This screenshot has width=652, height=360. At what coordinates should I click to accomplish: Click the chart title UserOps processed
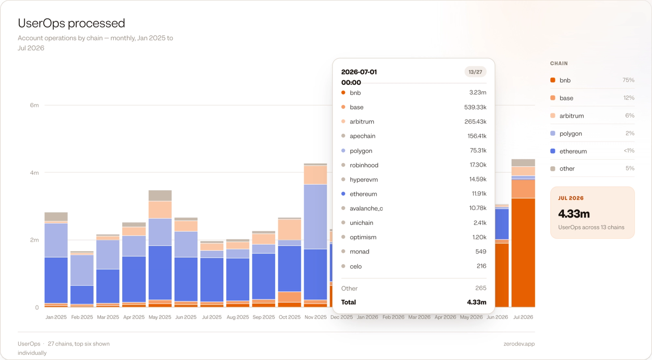point(71,23)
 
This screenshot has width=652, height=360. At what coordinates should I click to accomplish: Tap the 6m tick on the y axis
point(34,105)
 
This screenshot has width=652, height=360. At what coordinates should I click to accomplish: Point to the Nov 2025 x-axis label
point(315,317)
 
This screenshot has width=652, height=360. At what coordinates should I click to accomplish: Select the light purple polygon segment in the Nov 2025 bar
point(315,217)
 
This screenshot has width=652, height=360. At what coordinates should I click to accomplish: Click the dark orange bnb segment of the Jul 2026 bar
point(523,252)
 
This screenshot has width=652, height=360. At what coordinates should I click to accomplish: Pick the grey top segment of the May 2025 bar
point(160,195)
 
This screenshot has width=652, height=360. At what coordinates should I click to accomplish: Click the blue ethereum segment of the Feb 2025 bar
point(82,295)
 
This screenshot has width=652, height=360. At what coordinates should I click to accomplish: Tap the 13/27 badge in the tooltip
point(475,72)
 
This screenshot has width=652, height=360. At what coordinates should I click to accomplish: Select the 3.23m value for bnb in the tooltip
point(478,93)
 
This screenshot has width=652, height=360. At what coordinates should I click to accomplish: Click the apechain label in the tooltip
point(362,136)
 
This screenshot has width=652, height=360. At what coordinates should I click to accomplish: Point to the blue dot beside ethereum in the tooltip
point(343,194)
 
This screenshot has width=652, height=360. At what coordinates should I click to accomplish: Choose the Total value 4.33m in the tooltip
point(476,303)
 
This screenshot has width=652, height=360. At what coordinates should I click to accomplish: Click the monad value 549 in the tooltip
point(480,252)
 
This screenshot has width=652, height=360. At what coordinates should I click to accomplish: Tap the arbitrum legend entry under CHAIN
point(572,116)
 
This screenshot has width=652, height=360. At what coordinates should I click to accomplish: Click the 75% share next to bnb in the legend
point(628,80)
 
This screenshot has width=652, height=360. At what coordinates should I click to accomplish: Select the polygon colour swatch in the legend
point(553,133)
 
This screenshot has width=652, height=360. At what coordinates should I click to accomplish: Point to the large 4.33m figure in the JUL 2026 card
point(574,214)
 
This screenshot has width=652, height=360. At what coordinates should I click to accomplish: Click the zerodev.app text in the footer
point(519,344)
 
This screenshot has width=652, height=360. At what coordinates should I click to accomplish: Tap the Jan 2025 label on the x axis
point(56,317)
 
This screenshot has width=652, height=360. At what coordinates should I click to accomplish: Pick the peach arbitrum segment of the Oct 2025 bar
point(290,230)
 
